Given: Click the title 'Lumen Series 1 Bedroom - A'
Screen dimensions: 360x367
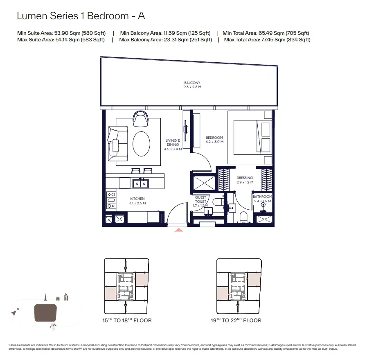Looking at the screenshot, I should [x=81, y=16].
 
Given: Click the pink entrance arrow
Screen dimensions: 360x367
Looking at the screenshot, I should [x=179, y=231].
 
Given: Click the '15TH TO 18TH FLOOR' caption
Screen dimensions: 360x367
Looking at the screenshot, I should [x=128, y=320].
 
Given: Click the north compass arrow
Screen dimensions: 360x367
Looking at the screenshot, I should [x=14, y=313].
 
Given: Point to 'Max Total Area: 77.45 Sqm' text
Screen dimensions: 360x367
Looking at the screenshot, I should [x=267, y=40].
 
